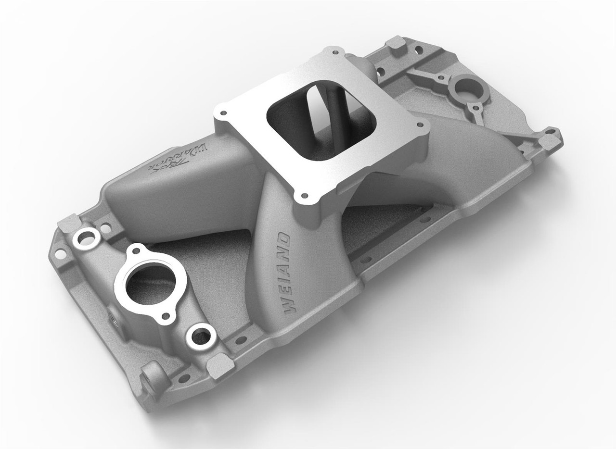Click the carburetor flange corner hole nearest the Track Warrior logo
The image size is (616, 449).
223,113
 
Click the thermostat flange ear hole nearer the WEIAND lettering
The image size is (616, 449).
167,315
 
